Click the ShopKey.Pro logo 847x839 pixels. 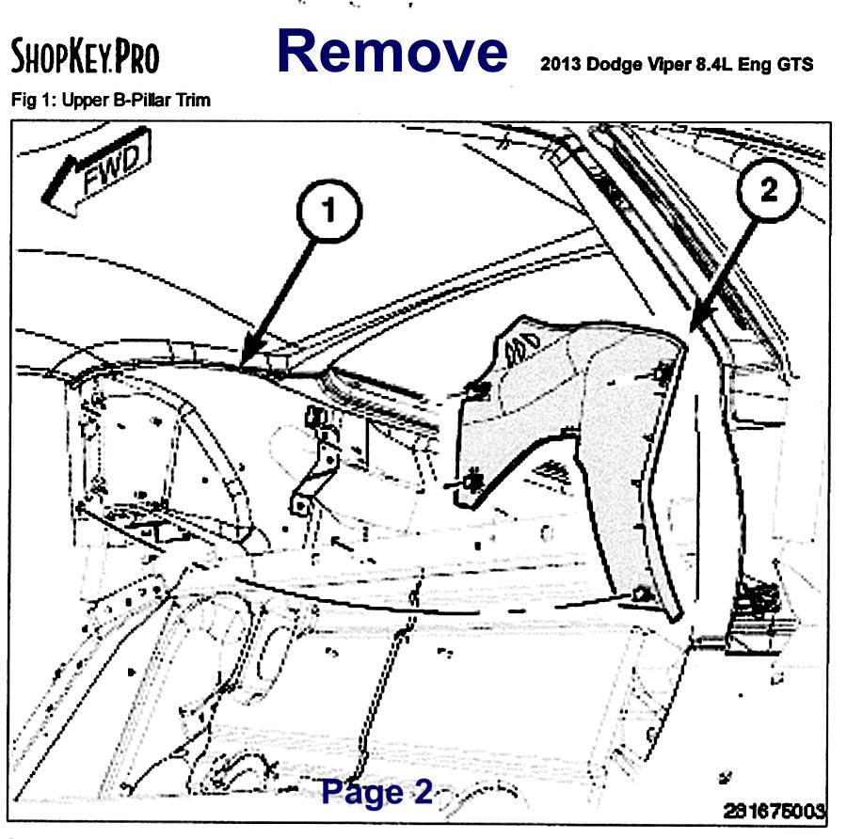pos(85,55)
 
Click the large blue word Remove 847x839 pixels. pos(392,51)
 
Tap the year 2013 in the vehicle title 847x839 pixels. pos(560,64)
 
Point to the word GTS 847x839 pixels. pos(794,64)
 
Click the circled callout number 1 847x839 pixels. pos(329,211)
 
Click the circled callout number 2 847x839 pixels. pos(769,189)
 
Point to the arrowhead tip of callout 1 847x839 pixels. pos(243,364)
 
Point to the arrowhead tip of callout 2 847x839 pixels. pos(692,329)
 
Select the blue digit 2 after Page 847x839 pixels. pos(423,791)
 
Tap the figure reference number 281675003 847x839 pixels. pos(775,811)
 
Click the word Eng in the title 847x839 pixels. pos(754,65)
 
